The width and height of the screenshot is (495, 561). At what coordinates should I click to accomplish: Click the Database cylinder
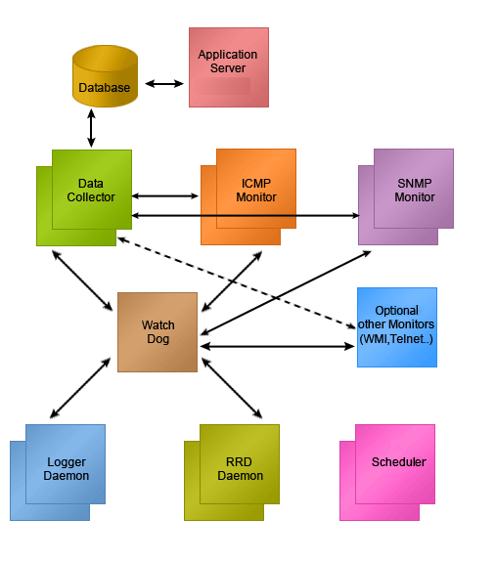tap(105, 76)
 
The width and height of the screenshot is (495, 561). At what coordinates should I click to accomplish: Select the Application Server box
tap(229, 67)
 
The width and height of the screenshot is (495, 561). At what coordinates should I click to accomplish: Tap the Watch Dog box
tap(157, 332)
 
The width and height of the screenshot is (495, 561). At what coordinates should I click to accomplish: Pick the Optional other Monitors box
tap(397, 327)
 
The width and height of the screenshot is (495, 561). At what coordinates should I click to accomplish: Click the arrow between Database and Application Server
tap(164, 84)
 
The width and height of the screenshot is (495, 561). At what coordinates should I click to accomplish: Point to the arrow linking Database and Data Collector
tap(91, 128)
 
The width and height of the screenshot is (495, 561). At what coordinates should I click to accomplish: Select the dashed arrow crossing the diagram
tap(237, 282)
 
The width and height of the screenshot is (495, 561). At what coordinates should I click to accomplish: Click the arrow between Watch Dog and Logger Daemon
tap(80, 387)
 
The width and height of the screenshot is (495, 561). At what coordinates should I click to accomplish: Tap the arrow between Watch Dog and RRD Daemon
tap(232, 388)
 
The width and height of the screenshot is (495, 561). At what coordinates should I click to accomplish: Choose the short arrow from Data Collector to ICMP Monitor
tap(165, 196)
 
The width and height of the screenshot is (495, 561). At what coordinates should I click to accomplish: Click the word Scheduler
tap(399, 462)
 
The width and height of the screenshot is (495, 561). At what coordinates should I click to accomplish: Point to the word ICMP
tap(255, 184)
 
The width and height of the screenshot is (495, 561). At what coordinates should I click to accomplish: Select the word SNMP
tap(415, 184)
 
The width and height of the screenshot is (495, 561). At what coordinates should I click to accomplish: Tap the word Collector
tap(91, 197)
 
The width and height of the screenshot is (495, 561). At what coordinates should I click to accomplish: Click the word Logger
tap(67, 462)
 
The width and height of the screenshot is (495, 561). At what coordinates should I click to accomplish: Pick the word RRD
tap(239, 462)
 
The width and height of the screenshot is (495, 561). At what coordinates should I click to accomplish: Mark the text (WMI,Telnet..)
tap(396, 338)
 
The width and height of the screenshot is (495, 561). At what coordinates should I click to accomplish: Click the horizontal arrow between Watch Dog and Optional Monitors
tap(277, 346)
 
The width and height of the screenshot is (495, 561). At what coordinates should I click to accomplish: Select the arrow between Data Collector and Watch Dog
tap(82, 280)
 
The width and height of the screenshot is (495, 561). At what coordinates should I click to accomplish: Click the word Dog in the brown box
tap(157, 339)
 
